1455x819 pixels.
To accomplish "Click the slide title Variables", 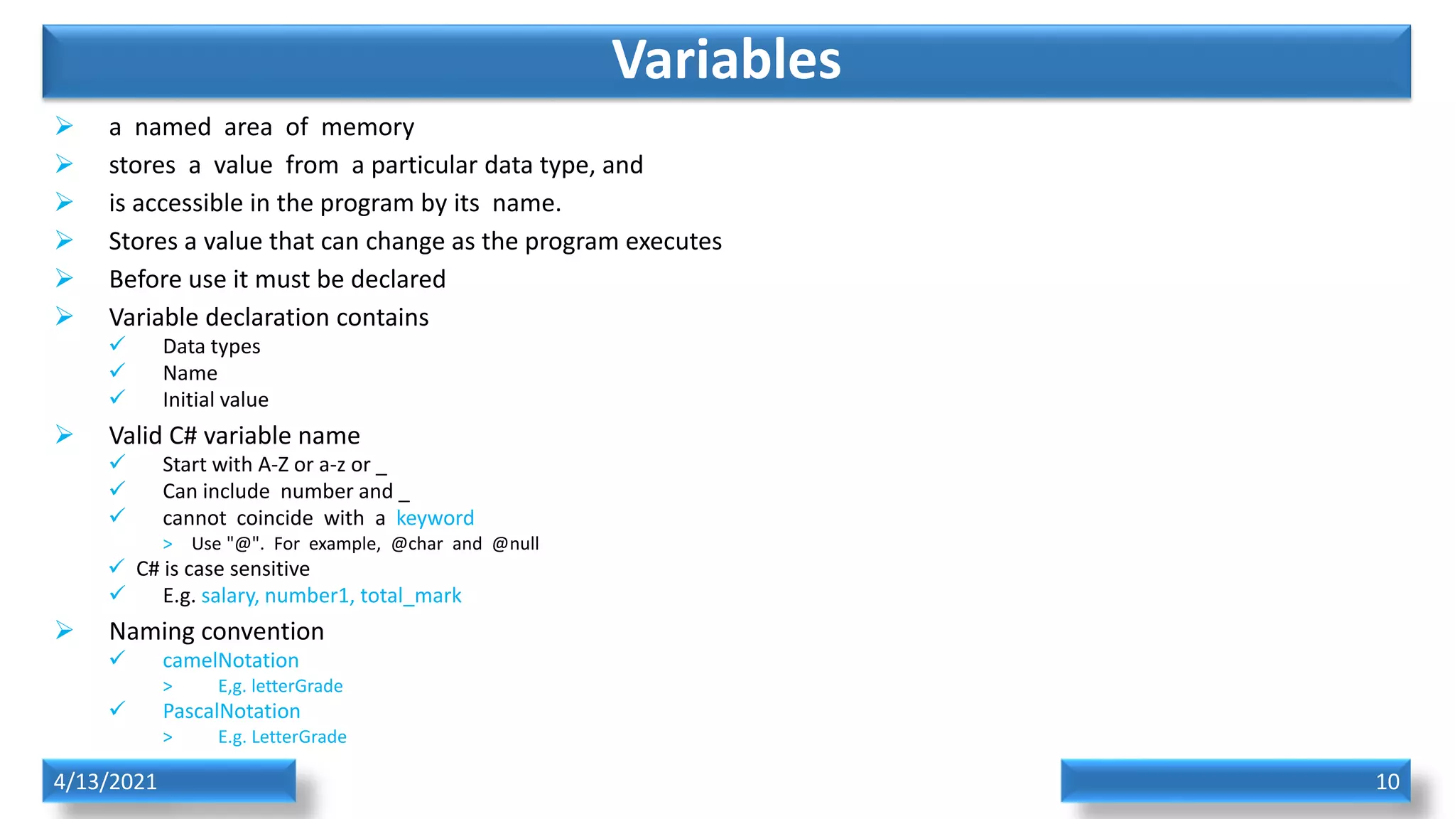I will tap(726, 60).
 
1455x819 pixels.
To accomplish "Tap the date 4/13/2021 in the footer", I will tap(105, 781).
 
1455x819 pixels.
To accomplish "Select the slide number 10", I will tap(1387, 781).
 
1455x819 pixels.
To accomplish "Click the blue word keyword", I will tap(435, 518).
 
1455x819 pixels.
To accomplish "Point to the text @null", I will tap(515, 544).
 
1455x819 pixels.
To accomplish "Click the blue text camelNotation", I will tap(230, 660).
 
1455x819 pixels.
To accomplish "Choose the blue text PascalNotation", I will tap(231, 711).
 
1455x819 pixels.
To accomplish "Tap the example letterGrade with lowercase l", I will tap(296, 686).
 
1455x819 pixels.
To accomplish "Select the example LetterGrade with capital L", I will tap(298, 737).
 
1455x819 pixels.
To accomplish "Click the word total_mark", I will tap(411, 596).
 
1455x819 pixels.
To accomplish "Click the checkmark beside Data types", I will tap(117, 345).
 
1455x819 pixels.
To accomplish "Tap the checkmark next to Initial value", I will tap(117, 398).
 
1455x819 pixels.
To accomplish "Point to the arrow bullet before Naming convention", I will tap(65, 631).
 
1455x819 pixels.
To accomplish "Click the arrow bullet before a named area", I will tap(65, 127).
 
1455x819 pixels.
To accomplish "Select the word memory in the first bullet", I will tap(367, 128).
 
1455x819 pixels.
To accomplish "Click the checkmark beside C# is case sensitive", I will tap(117, 567).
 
